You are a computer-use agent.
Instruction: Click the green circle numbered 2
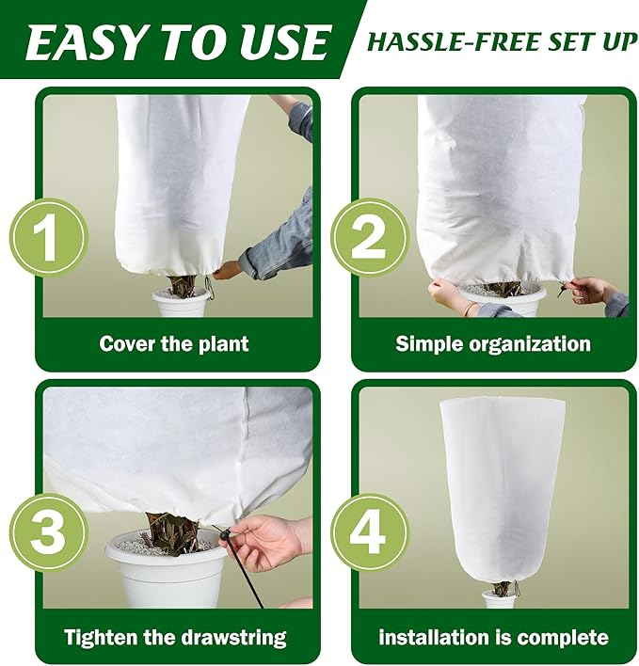pos(368,237)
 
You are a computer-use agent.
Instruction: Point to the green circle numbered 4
pos(368,531)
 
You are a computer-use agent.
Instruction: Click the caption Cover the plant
pos(176,343)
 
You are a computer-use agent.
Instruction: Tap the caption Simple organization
pos(493,343)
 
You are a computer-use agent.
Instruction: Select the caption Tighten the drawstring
pos(175,637)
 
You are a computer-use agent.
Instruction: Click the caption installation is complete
pos(493,637)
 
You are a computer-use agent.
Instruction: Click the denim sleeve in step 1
pos(282,240)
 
